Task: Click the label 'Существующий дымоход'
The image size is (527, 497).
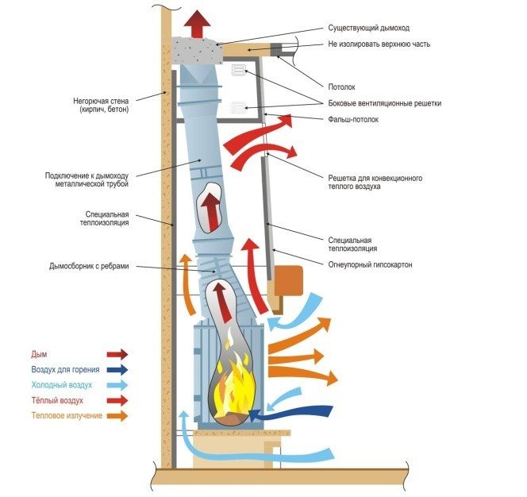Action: pos(369,28)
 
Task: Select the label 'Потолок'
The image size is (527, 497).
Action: pos(341,87)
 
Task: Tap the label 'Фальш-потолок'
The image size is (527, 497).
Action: pos(353,119)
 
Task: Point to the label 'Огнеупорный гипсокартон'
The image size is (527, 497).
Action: pos(370,264)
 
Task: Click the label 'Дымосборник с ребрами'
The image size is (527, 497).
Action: pos(89,266)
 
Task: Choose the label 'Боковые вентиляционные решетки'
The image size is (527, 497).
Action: pos(384,103)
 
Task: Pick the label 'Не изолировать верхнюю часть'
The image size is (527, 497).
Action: pos(379,44)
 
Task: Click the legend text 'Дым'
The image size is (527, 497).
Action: pos(39,354)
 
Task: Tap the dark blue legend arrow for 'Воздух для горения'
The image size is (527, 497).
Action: pos(117,370)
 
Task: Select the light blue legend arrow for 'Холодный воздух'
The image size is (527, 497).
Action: pos(117,385)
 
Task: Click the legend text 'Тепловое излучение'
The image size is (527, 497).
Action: pos(67,416)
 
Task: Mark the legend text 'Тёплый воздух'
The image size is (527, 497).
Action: pos(57,400)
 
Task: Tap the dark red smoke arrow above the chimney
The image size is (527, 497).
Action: pos(198,24)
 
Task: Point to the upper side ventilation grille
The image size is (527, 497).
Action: pos(238,71)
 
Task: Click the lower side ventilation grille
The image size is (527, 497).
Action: pos(238,108)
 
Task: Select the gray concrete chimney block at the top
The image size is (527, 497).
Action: pos(197,51)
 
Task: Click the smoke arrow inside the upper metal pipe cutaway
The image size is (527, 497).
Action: pos(211,212)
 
